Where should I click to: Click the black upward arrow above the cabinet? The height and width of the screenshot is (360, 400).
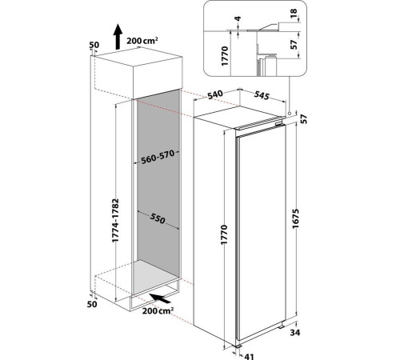click(x=118, y=37)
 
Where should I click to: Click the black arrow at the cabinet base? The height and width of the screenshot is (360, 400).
click(x=160, y=298)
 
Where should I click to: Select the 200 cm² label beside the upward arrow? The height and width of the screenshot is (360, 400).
click(x=142, y=41)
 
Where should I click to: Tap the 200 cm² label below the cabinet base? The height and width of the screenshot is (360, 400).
click(x=158, y=310)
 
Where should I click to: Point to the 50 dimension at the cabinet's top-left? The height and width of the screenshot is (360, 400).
click(x=94, y=45)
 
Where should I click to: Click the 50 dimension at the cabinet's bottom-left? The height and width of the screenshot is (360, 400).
click(x=92, y=304)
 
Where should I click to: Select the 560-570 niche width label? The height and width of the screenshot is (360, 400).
click(x=158, y=157)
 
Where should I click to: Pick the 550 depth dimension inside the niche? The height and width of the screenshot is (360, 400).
click(x=158, y=218)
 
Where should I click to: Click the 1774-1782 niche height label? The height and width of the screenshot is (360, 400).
click(x=115, y=220)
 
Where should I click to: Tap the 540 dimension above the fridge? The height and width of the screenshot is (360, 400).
click(x=215, y=94)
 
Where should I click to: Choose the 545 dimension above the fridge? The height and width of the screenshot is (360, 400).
click(x=262, y=95)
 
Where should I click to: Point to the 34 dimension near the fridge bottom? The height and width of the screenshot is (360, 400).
click(x=295, y=333)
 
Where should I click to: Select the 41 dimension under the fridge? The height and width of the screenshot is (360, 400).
click(x=249, y=357)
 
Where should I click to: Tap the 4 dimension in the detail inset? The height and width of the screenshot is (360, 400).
click(x=238, y=18)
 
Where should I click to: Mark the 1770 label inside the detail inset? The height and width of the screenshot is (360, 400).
click(x=225, y=56)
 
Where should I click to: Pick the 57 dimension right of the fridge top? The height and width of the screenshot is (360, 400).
click(x=304, y=119)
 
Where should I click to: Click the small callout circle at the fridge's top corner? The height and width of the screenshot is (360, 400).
click(x=290, y=114)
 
